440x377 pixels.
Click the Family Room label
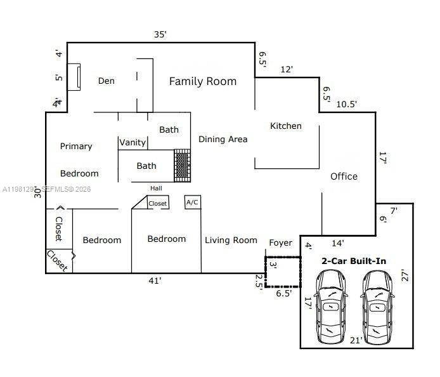pyautogui.click(x=202, y=81)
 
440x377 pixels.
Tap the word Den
pyautogui.click(x=107, y=81)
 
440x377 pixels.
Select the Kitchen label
pyautogui.click(x=286, y=126)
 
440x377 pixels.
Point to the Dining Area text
pyautogui.click(x=223, y=139)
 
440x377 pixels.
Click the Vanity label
pyautogui.click(x=133, y=142)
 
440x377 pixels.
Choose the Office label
pyautogui.click(x=344, y=176)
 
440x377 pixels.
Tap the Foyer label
pyautogui.click(x=281, y=242)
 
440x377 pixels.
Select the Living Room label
pyautogui.click(x=231, y=240)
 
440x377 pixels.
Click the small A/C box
pyautogui.click(x=192, y=202)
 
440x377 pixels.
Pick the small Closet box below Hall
pyautogui.click(x=158, y=203)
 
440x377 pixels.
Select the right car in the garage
pyautogui.click(x=378, y=307)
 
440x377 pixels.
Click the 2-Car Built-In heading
pyautogui.click(x=354, y=261)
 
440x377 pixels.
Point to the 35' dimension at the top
pyautogui.click(x=160, y=34)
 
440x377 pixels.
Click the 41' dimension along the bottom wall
pyautogui.click(x=154, y=280)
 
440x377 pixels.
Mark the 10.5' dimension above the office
pyautogui.click(x=346, y=104)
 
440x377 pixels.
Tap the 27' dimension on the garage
pyautogui.click(x=405, y=276)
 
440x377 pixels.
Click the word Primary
pyautogui.click(x=76, y=146)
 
